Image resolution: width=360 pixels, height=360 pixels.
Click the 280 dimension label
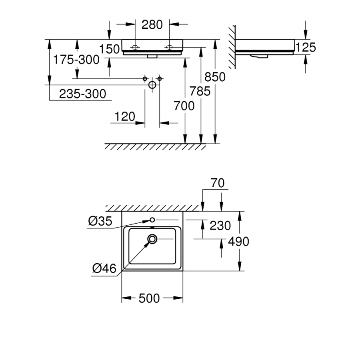tap(152, 24)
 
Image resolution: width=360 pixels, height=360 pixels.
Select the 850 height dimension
tap(215, 77)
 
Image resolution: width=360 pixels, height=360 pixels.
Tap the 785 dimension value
tap(200, 92)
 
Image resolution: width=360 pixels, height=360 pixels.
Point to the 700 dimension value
tap(184, 106)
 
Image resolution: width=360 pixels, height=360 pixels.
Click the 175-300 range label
tap(76, 60)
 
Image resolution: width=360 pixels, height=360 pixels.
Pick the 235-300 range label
tap(82, 94)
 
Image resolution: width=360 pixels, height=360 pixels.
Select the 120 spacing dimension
tap(125, 117)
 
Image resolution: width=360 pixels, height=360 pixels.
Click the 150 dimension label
tap(110, 49)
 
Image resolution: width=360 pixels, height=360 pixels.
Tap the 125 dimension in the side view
tap(306, 47)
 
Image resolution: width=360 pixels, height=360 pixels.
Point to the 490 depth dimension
tap(238, 241)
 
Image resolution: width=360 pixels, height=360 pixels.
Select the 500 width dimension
tap(150, 298)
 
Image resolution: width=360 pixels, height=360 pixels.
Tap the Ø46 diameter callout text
tap(104, 269)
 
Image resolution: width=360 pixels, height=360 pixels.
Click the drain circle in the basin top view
tap(152, 239)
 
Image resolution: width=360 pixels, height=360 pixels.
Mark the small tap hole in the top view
tap(152, 220)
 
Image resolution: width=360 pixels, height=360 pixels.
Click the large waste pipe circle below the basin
tap(152, 85)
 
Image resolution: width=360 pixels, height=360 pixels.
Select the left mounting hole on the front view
tap(135, 47)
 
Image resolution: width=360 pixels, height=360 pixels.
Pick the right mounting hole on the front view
tap(169, 47)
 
